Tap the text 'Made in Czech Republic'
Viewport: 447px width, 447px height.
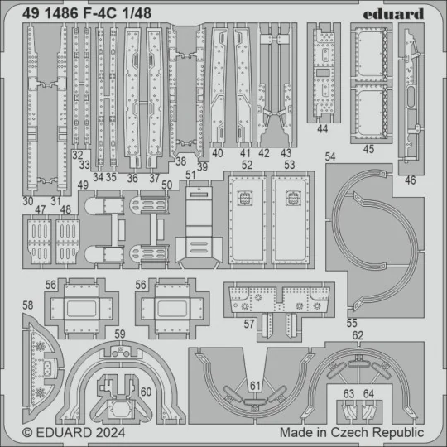coord(352,432)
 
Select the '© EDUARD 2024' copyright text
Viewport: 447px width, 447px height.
coord(63,432)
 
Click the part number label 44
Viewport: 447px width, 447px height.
coord(323,130)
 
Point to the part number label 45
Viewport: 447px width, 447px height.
coord(368,150)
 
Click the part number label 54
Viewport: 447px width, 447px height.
coord(331,156)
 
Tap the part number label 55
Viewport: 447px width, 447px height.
coord(353,323)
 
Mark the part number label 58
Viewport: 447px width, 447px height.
coord(28,306)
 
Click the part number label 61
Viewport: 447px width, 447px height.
coord(255,386)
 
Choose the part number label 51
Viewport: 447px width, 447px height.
coord(191,174)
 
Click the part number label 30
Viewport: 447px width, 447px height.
coord(29,200)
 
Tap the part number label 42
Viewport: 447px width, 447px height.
coord(264,152)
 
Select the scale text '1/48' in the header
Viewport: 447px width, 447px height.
coord(136,13)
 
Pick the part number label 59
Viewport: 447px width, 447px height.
coord(120,335)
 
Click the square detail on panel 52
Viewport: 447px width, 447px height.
coord(244,197)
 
